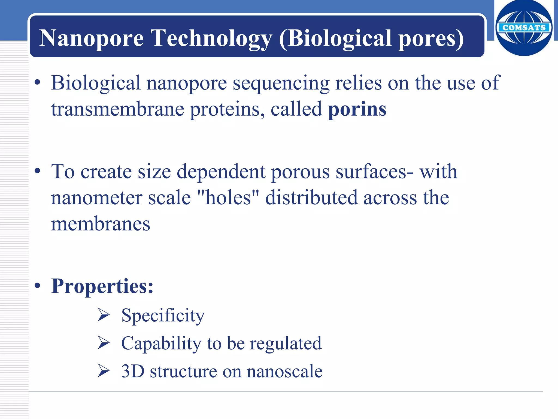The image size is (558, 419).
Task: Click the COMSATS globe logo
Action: point(524,28)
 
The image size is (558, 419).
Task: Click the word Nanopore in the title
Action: point(92,38)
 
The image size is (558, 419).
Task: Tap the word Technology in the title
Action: point(211,38)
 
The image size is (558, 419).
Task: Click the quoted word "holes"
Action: point(228,197)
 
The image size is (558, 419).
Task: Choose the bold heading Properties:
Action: point(102,286)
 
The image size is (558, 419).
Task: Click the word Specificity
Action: point(163,316)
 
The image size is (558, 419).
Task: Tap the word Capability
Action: point(161,344)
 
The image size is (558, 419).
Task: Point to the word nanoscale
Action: point(284,372)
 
